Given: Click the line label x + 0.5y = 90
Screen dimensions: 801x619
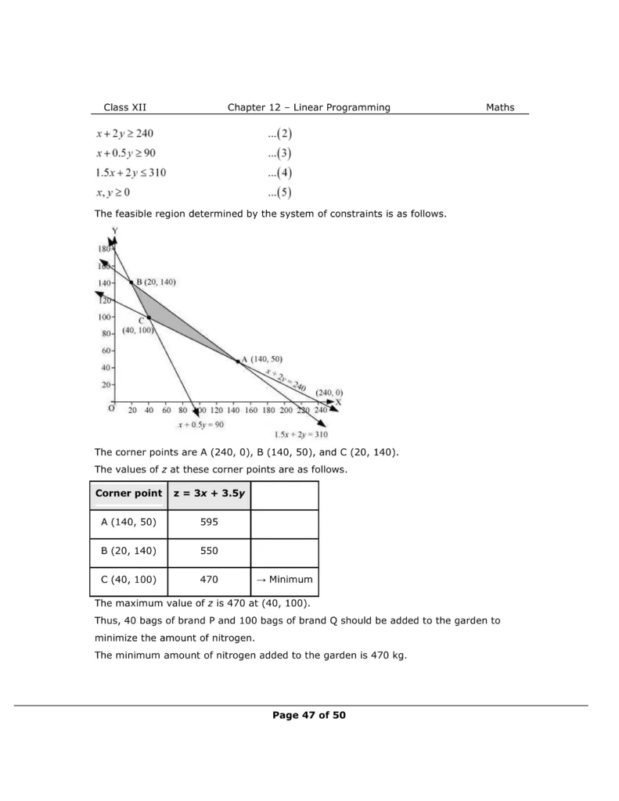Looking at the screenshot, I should point(201,424).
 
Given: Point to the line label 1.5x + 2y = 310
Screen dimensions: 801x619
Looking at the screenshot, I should point(301,434).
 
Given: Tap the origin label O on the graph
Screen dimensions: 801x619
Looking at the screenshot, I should point(111,408).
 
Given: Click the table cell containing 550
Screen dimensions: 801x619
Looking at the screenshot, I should point(209,551).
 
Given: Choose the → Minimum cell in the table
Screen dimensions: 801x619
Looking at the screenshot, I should point(284,580).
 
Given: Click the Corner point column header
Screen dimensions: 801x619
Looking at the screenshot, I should point(128,494).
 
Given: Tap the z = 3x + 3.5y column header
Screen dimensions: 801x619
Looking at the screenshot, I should point(209,494).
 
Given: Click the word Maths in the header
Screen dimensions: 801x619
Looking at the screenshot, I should point(500,107).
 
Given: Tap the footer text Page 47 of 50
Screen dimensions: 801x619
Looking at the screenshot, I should point(309,715).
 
